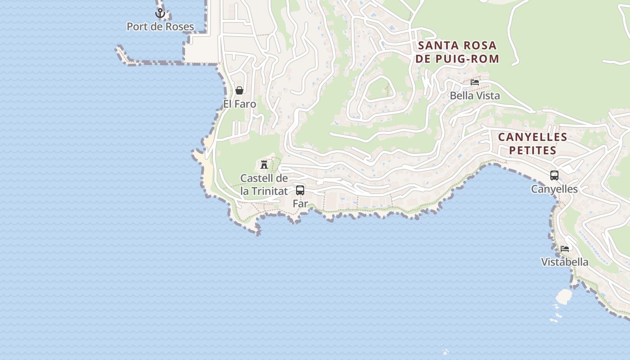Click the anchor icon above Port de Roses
[160, 13]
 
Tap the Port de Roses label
[160, 27]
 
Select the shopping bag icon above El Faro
[239, 90]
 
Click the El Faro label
[239, 104]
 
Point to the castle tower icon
[264, 165]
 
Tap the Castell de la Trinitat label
[264, 184]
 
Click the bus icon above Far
[300, 190]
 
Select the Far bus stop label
[300, 203]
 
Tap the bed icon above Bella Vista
[475, 82]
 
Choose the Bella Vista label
[475, 96]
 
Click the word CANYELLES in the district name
[532, 137]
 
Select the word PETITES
[532, 150]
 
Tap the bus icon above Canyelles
[554, 175]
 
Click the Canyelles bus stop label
[554, 189]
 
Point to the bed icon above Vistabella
[565, 248]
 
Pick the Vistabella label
[565, 262]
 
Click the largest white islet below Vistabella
[564, 296]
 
